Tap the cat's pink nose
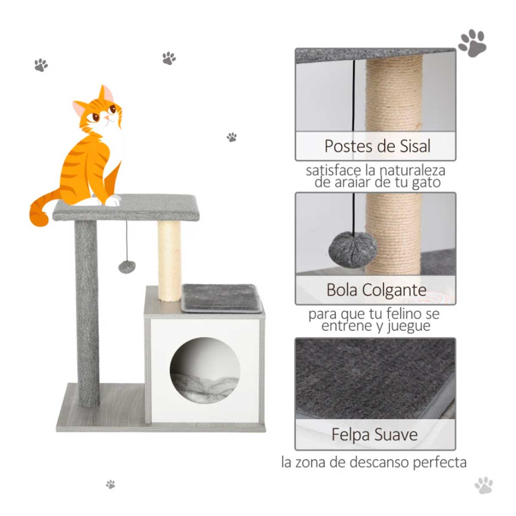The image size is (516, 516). (107, 118)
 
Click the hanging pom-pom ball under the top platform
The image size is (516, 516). (127, 267)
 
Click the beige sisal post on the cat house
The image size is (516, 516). (169, 260)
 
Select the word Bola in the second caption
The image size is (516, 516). (342, 290)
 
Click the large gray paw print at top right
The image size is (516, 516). (472, 43)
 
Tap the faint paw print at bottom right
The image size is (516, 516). (484, 485)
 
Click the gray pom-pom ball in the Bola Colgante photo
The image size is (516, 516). (353, 249)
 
